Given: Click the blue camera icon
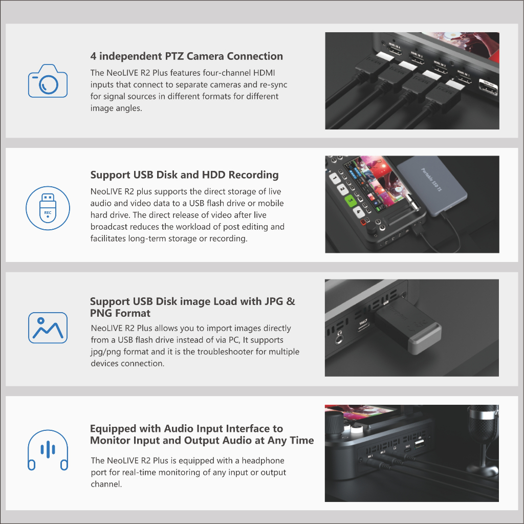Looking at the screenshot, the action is point(48,81).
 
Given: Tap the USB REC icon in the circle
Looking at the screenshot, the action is point(48,208).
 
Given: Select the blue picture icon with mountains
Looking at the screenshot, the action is point(48,328).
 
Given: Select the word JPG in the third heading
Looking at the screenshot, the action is point(274,301).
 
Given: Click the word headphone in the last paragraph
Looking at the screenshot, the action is point(263,461).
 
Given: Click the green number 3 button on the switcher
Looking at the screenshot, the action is point(350,201).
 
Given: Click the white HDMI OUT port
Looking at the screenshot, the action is point(488,88).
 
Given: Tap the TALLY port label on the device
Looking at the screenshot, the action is point(363,322).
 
